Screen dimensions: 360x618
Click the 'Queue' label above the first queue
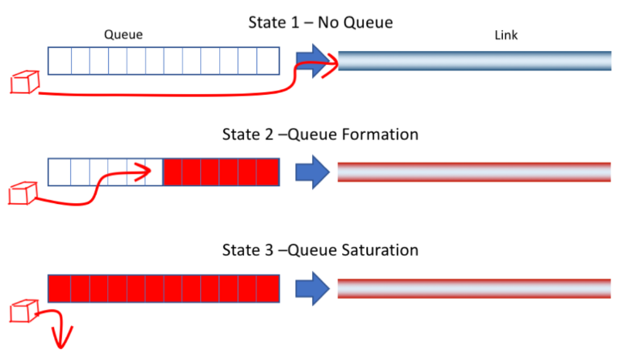tap(124, 36)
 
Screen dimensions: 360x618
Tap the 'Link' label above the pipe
tap(506, 36)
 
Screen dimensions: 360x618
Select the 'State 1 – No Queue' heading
tap(320, 23)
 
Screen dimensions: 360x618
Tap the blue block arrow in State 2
tap(311, 172)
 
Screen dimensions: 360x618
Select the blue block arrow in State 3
tap(311, 287)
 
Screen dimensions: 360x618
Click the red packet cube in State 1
tap(24, 82)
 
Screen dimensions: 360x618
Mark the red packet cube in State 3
tap(23, 311)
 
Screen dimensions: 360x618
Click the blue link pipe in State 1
tap(474, 60)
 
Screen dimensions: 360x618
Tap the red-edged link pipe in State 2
tap(474, 172)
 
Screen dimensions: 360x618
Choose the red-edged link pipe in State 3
tap(474, 287)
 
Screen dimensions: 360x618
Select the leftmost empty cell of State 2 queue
tap(59, 172)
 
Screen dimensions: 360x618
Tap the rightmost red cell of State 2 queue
tap(267, 172)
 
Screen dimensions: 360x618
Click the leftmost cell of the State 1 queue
tap(59, 60)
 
